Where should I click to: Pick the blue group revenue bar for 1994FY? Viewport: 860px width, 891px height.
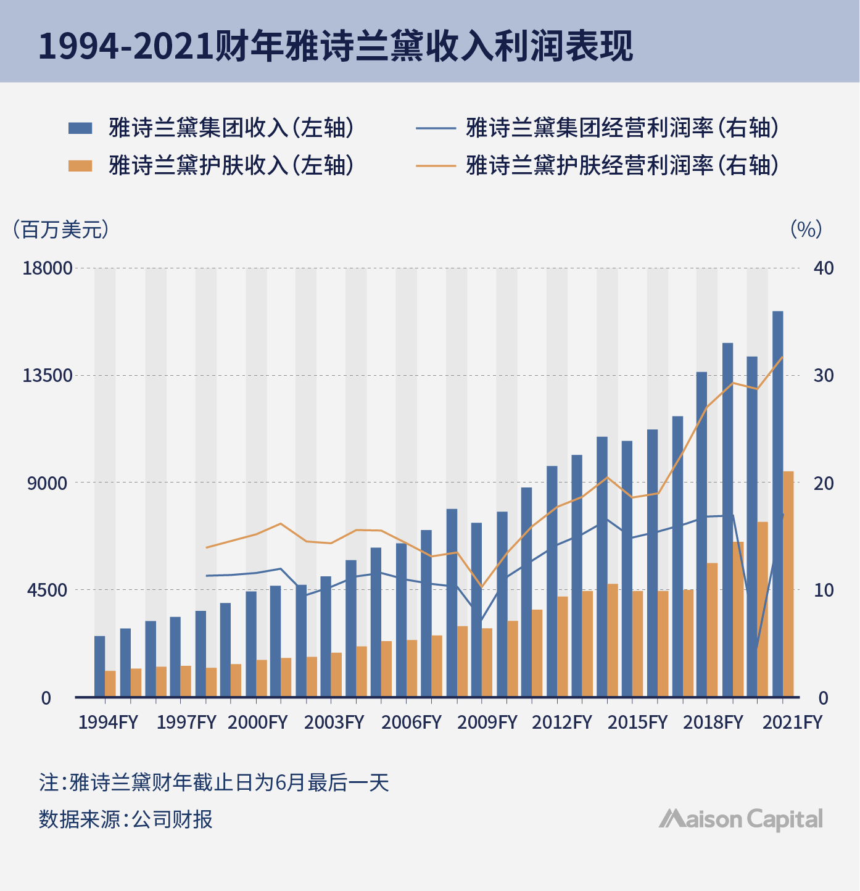[99, 666]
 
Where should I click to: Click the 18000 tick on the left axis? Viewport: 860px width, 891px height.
[48, 268]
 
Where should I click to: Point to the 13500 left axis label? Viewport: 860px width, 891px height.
[48, 376]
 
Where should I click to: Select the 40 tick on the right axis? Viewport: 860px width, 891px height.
[824, 268]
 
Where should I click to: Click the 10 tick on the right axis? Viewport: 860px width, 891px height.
[824, 591]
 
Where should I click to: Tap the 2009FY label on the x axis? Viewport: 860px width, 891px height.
[487, 723]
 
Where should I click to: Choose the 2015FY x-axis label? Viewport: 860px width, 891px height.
[637, 723]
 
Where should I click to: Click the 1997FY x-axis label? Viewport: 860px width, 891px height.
[186, 723]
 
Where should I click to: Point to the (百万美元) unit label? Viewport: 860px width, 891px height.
[60, 230]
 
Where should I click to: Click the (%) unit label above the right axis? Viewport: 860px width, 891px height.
[806, 230]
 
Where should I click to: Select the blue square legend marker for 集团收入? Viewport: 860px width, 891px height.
[80, 128]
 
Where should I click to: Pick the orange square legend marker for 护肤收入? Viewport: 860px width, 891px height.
[80, 165]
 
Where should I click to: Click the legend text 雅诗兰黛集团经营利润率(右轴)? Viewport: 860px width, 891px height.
[622, 128]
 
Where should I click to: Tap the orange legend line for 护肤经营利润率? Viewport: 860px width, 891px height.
[435, 165]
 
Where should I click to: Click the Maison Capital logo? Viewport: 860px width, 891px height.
[740, 819]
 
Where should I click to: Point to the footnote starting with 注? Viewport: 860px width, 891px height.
[213, 783]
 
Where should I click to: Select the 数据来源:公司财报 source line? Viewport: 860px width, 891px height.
[126, 819]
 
